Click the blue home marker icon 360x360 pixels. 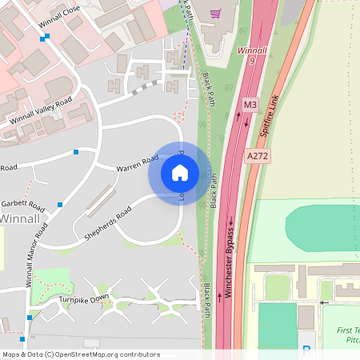(180, 172)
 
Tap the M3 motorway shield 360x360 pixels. (250, 105)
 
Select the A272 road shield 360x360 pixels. (258, 157)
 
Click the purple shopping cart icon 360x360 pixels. (214, 13)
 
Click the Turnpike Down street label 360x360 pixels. (83, 298)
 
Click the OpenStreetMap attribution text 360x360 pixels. (81, 354)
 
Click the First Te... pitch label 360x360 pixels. (347, 334)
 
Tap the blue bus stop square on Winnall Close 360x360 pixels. (42, 38)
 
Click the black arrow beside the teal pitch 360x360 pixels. (323, 302)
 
